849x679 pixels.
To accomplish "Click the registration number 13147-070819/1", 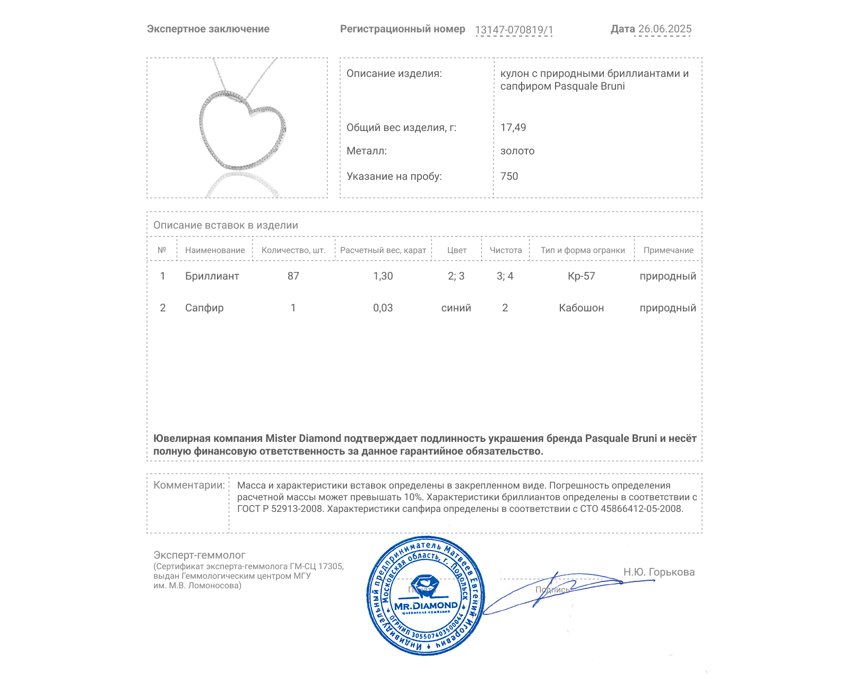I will (514, 30).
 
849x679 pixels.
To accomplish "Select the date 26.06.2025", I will (664, 29).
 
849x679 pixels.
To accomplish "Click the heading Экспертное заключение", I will (208, 29).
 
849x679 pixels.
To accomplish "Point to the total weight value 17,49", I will (513, 127).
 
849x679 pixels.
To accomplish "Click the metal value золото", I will (517, 151).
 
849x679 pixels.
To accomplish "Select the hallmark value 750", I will (509, 176).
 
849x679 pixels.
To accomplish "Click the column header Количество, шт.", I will (293, 250).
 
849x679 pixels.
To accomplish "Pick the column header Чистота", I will (506, 250).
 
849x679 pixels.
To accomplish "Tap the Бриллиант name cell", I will (212, 276).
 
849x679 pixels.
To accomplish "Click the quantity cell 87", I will (293, 276).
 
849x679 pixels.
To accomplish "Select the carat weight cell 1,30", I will (383, 276).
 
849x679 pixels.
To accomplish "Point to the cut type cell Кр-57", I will (582, 276).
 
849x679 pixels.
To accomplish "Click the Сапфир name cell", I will (204, 308).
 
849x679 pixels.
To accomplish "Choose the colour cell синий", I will (456, 308).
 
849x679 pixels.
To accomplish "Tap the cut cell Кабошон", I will (582, 308).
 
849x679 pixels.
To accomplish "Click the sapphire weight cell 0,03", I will (383, 308).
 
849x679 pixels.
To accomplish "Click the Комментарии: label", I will (189, 485).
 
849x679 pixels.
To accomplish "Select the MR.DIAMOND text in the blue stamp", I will (426, 606).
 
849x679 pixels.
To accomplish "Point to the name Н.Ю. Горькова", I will (659, 572).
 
